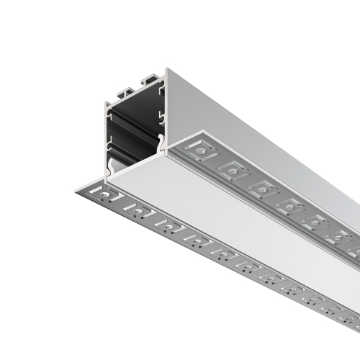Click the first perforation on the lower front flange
(x=104, y=194)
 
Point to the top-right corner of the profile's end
(x=166, y=70)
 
